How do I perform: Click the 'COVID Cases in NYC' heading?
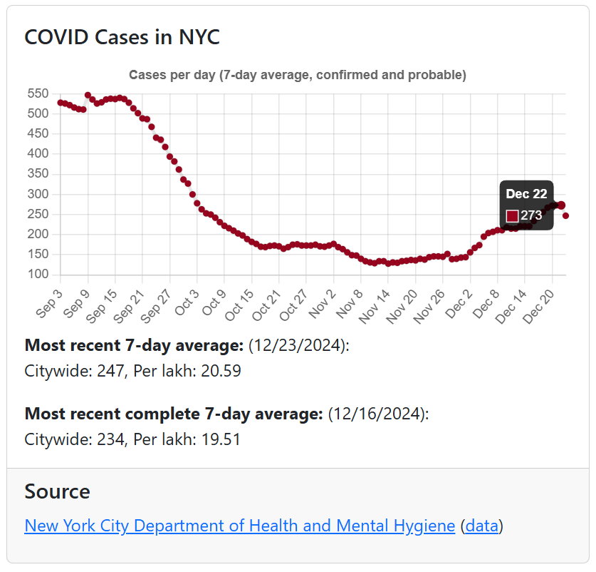(122, 37)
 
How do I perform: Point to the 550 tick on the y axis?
(38, 93)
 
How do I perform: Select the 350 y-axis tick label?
(38, 174)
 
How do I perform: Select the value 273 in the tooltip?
(531, 215)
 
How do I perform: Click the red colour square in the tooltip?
(512, 215)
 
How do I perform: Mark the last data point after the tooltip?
(565, 215)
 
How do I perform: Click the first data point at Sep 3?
(61, 103)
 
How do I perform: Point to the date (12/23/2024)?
(298, 346)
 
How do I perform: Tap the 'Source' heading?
(57, 491)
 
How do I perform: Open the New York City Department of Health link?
(239, 526)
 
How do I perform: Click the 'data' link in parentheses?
(482, 526)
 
